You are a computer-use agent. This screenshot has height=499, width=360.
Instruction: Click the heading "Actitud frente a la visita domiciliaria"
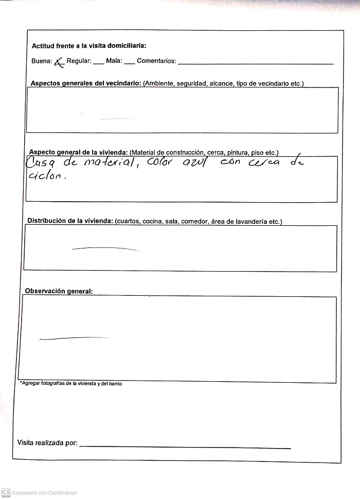click(89, 46)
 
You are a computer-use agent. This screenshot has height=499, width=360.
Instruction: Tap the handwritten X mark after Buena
click(59, 62)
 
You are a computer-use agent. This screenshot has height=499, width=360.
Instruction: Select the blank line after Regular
click(98, 63)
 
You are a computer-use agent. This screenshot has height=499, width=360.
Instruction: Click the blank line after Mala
click(129, 63)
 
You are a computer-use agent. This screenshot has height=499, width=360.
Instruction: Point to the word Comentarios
click(156, 61)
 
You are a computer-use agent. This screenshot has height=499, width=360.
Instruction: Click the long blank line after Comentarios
click(256, 64)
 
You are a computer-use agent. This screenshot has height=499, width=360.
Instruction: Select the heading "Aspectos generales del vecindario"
click(86, 83)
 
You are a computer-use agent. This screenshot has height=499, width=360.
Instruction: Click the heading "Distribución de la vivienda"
click(70, 221)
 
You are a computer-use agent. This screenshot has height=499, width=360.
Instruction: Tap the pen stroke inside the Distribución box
click(105, 248)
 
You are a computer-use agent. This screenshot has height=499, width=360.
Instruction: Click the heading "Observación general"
click(59, 291)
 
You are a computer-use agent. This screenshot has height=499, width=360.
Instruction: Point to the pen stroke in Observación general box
click(73, 338)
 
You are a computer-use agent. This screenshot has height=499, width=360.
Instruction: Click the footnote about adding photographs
click(71, 384)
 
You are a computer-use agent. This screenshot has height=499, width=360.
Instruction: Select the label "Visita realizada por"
click(47, 442)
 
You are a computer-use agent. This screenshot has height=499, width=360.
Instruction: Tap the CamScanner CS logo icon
click(6, 492)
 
